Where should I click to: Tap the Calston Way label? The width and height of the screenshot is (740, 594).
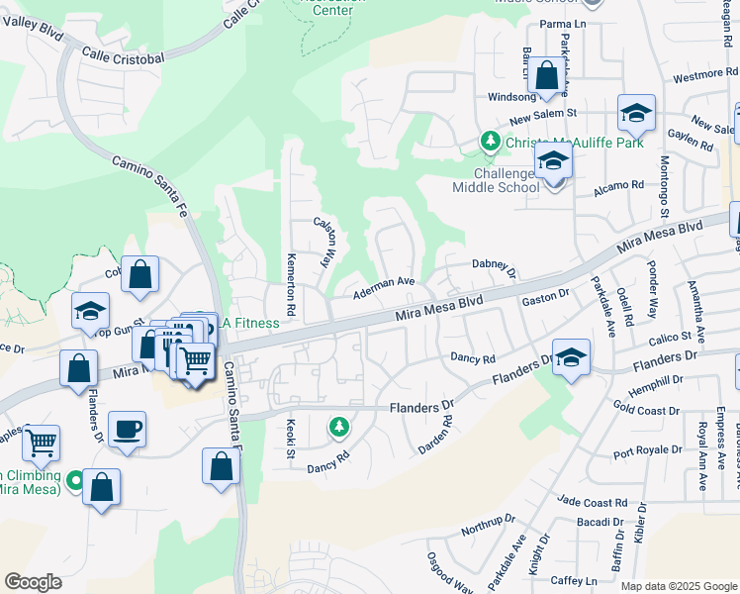324,243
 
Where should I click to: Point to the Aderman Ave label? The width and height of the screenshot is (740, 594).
384,284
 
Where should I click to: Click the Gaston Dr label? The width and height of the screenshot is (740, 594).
546,296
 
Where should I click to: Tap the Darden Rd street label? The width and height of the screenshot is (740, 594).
435,434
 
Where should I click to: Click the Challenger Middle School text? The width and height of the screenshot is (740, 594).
496,180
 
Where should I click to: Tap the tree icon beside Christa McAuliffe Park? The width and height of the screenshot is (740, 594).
490,143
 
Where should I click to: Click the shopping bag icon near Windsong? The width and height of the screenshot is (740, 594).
545,75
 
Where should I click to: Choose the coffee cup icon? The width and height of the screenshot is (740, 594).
127,430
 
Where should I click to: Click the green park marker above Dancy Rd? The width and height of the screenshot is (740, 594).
339,427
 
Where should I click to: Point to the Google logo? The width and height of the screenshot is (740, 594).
33,581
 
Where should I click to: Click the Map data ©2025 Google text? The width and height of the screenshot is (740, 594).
679,585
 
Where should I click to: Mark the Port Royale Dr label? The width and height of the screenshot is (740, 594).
648,450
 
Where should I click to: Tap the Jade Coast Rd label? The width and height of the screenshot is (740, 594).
592,503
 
